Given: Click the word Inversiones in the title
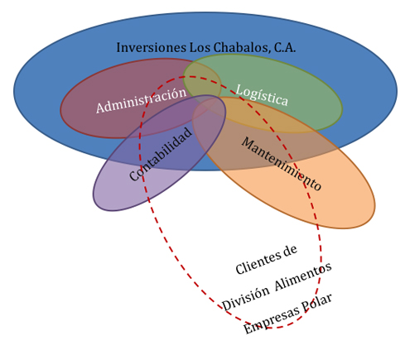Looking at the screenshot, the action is [151, 47].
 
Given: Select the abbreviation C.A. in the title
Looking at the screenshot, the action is [285, 47].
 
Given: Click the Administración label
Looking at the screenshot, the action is [141, 100].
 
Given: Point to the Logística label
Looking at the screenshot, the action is [262, 95].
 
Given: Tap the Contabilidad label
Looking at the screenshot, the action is [161, 154].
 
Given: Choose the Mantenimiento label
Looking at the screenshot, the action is [282, 164].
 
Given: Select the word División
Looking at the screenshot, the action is [245, 299].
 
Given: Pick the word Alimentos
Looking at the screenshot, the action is [303, 276].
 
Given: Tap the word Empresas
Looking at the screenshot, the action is [272, 320].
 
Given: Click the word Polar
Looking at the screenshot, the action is [316, 303].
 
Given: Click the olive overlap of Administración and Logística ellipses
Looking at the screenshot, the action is [200, 82].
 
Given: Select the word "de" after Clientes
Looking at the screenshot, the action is [291, 251].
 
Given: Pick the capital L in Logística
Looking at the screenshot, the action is [239, 89].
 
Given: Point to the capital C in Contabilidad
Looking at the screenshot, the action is [134, 175].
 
